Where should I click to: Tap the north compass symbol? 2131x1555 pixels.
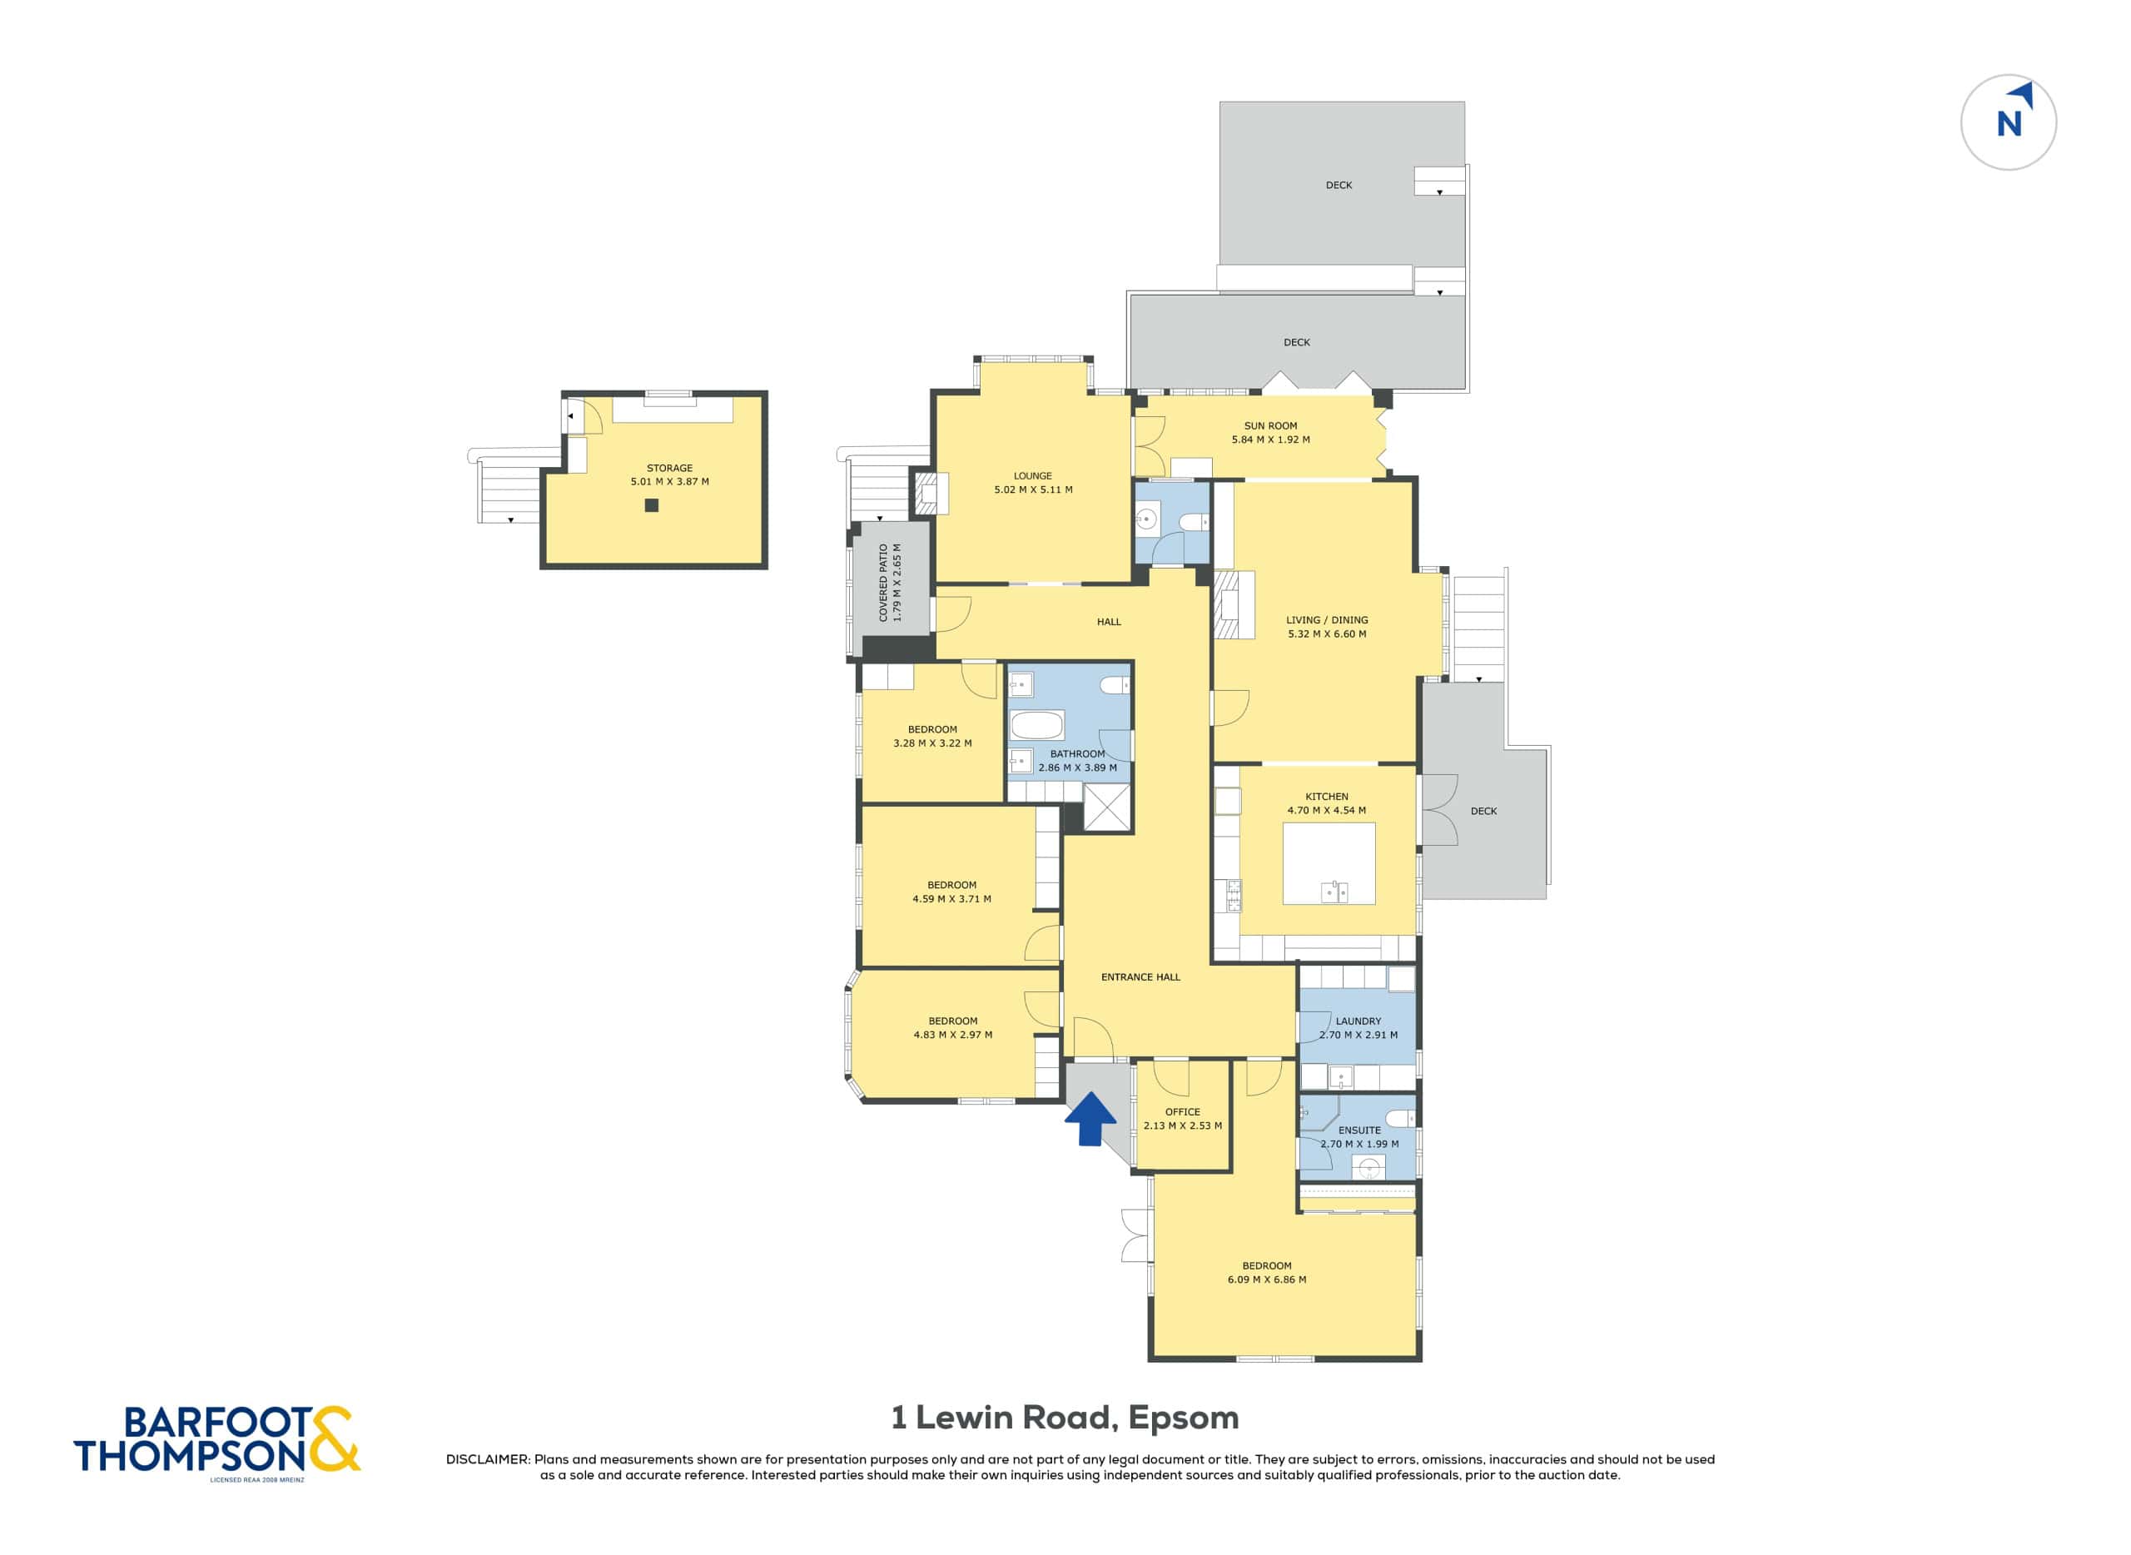[2009, 122]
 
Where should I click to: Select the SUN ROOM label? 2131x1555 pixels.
[1271, 425]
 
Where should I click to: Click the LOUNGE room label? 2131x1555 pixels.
[1032, 475]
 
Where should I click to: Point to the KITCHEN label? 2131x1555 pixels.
[1326, 797]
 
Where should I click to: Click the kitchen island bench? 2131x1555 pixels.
[1329, 863]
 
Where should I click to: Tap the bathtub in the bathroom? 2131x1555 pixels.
[1036, 726]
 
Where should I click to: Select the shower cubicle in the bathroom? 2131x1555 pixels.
[1107, 807]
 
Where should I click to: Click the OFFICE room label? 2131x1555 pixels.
[1182, 1111]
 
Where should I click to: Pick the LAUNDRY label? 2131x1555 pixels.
[1359, 1021]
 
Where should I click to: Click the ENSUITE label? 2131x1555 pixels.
[1359, 1130]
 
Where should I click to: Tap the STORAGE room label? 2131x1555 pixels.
[669, 468]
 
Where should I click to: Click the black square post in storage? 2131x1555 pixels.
[651, 505]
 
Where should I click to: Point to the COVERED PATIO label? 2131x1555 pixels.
[883, 583]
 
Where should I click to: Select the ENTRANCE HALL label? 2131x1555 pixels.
[1140, 977]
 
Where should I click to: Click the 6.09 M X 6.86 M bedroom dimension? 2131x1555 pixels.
[1266, 1279]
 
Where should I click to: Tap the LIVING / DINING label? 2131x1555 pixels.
[1327, 619]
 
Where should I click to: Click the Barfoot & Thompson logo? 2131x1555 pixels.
[217, 1440]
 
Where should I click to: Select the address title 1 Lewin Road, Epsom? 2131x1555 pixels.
[1065, 1417]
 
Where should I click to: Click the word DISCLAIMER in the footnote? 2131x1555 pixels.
[488, 1459]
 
